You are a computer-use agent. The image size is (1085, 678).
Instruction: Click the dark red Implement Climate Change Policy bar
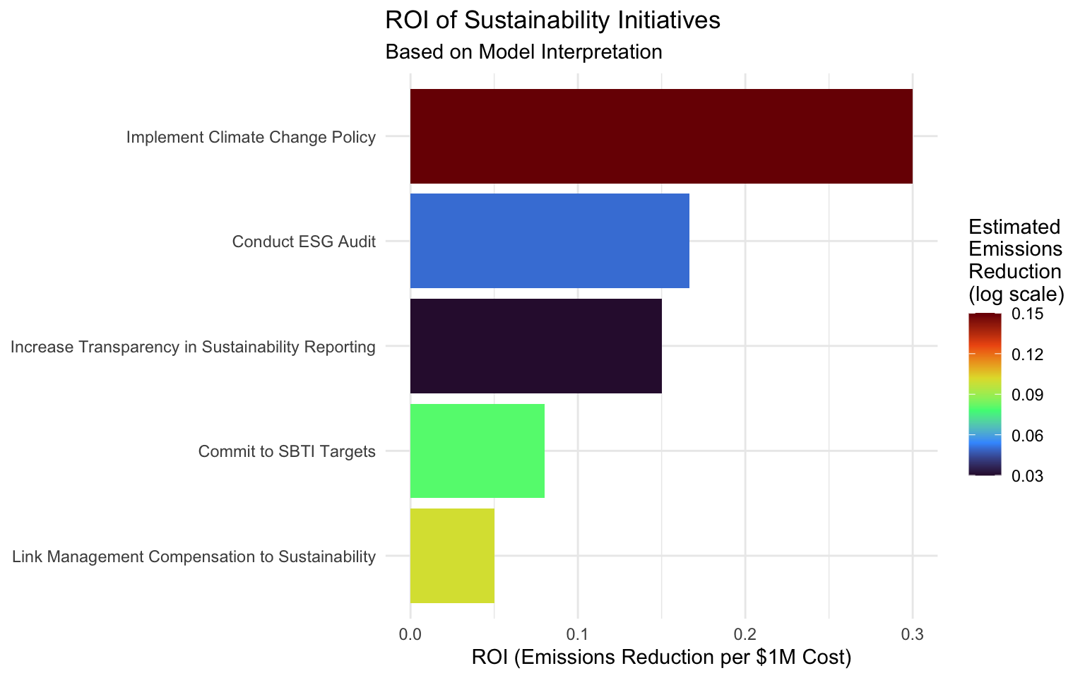pos(661,136)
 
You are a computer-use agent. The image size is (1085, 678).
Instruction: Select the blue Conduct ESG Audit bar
pos(550,241)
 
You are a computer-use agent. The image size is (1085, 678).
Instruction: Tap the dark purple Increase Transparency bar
pos(536,346)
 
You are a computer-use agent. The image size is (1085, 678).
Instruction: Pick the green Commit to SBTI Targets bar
pos(478,451)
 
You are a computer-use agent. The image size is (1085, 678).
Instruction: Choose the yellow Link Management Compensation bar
pos(452,556)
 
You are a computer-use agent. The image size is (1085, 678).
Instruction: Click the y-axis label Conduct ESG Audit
pos(304,242)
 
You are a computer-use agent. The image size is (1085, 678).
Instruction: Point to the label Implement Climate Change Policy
pos(251,137)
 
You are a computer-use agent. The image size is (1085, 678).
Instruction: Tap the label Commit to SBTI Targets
pos(287,451)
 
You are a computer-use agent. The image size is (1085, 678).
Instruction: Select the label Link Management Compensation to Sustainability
pos(194,557)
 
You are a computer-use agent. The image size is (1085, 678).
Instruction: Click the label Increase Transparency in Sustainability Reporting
pos(193,347)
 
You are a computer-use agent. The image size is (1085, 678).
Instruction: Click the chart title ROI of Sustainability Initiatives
pos(552,20)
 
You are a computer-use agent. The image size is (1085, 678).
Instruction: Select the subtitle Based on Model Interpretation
pos(523,52)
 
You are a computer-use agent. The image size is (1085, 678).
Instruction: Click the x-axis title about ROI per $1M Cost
pos(661,658)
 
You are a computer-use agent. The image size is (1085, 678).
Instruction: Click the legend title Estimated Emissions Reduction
pos(1016,259)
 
